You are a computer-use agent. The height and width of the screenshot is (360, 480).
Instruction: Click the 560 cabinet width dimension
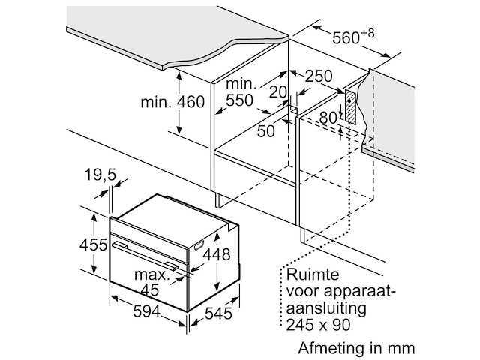346,38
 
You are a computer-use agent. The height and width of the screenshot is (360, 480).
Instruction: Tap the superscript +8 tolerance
367,33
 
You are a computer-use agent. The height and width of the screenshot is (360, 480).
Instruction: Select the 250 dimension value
319,76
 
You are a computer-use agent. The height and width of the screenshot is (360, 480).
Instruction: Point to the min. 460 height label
172,102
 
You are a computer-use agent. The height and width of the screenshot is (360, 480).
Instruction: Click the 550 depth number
239,100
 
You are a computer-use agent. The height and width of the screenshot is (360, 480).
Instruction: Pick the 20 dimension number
278,91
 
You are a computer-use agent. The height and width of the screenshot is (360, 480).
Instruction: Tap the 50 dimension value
265,131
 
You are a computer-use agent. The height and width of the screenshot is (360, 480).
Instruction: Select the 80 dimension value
328,118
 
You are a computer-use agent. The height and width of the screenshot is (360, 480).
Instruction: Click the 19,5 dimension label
100,175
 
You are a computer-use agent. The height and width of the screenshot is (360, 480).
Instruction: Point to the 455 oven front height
93,244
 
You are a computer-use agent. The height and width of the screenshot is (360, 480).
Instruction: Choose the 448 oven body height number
217,254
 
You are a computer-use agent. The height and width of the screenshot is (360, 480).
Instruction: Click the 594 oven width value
147,311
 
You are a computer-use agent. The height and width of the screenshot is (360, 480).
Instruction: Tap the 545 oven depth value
218,313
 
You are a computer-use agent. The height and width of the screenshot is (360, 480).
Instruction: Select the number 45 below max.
150,289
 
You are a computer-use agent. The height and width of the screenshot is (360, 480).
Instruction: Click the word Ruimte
313,274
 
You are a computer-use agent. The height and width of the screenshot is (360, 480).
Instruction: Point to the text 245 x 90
318,325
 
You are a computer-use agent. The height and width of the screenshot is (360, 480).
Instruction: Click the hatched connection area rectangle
351,107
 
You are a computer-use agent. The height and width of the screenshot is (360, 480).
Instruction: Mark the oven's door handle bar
145,255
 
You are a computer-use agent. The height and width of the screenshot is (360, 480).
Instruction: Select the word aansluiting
326,308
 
